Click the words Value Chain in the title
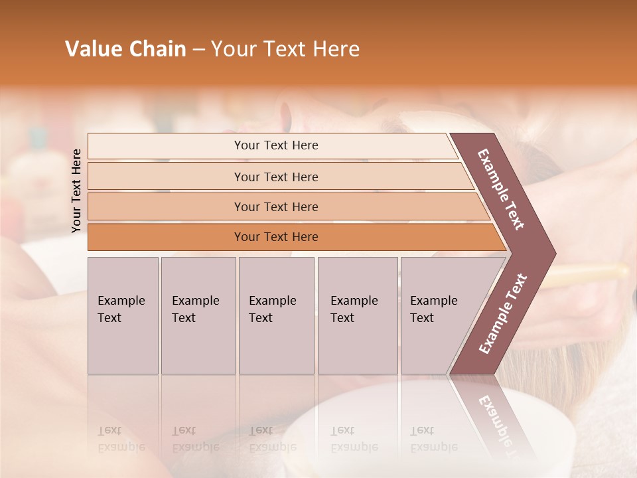tap(125, 49)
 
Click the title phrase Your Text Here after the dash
tap(285, 49)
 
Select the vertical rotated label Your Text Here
tap(76, 191)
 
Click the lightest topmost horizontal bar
tap(275, 145)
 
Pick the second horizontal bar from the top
tap(275, 177)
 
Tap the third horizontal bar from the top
tap(275, 206)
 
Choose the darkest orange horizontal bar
tap(275, 237)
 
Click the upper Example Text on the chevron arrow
tap(501, 189)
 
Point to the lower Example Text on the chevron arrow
tap(503, 314)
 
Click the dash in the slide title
tap(198, 50)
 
